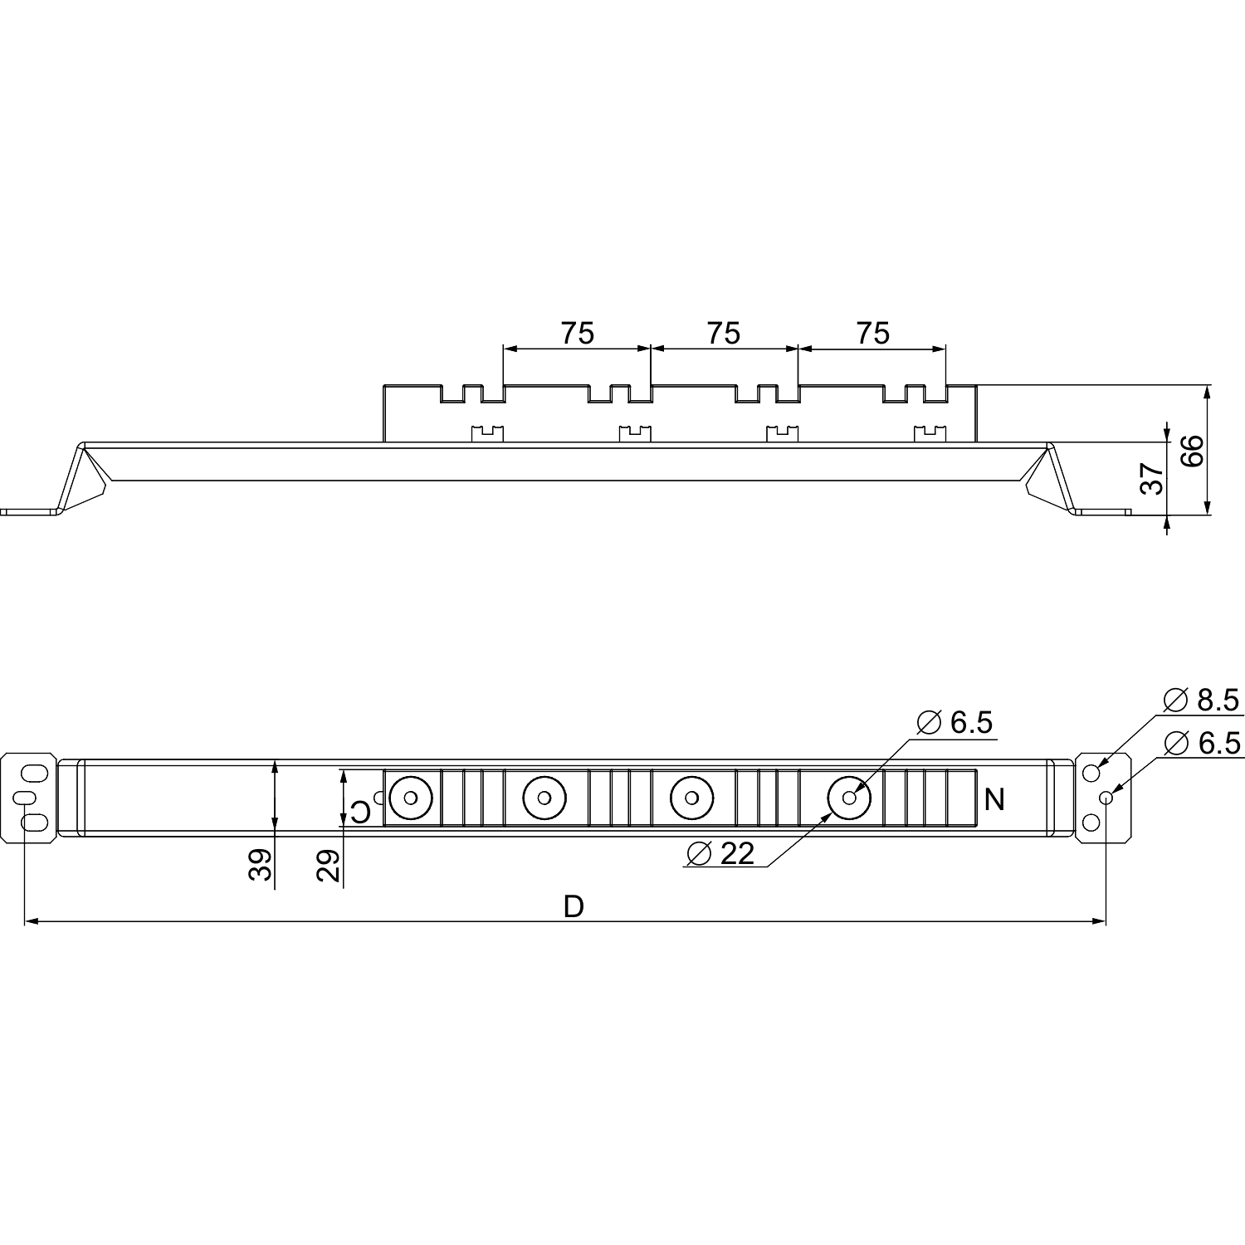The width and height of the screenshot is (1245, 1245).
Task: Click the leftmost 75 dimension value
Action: (x=577, y=334)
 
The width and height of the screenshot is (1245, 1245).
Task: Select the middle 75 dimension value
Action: (x=723, y=334)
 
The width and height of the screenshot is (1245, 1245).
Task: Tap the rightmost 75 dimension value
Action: (x=872, y=334)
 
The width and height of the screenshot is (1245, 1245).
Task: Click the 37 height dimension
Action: (x=1153, y=479)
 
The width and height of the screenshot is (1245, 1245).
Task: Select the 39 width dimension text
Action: (x=260, y=864)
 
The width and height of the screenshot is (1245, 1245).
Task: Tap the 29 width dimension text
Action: (x=329, y=866)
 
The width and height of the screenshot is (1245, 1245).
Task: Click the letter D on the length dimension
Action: (x=574, y=907)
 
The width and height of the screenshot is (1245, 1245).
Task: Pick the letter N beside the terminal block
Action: (x=994, y=800)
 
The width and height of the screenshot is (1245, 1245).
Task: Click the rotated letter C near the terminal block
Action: (x=360, y=811)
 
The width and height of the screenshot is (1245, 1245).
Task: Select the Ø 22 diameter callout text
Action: (x=721, y=853)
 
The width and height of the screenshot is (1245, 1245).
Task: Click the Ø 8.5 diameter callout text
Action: (x=1201, y=701)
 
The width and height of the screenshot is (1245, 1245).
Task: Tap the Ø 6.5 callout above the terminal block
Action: (x=954, y=723)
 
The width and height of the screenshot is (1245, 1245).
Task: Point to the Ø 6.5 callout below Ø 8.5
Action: (x=1203, y=743)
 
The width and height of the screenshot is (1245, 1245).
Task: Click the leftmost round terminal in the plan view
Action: (x=410, y=798)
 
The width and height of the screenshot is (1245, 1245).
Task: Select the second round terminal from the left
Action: (x=544, y=798)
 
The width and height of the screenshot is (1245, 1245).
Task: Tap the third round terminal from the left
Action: (x=691, y=798)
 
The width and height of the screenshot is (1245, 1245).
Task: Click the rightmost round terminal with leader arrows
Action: (x=849, y=798)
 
